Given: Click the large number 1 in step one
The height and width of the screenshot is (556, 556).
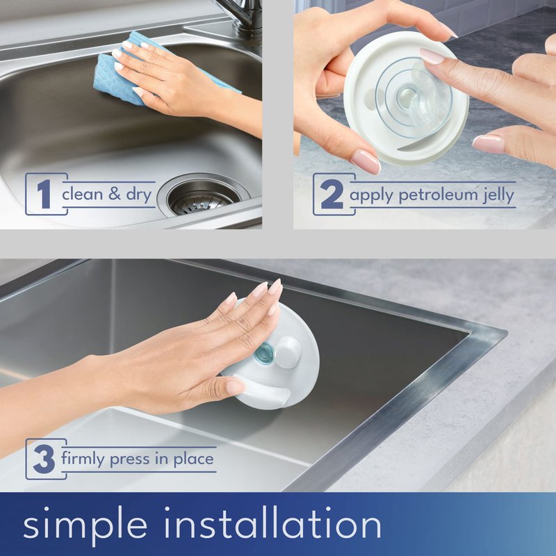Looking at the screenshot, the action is click(44, 194).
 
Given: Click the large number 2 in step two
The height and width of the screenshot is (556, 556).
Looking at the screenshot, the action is click(332, 194).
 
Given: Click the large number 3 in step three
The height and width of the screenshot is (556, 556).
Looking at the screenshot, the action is click(44, 459).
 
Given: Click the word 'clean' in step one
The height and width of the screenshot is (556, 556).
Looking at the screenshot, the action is click(82, 194).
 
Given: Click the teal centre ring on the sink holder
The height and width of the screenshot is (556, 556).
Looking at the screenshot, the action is click(264, 353).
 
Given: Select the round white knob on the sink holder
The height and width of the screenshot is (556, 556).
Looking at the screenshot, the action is click(288, 352).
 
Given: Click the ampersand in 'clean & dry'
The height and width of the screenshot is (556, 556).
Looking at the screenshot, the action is click(114, 194).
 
